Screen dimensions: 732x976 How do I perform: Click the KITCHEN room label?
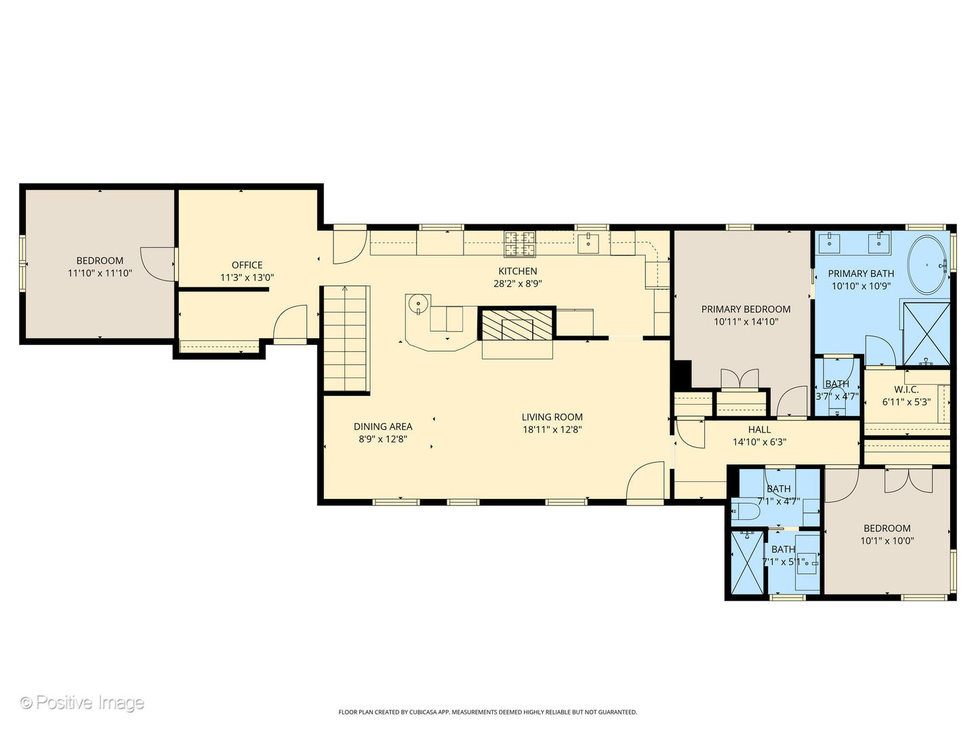518,271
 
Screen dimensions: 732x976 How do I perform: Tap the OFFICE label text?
247,265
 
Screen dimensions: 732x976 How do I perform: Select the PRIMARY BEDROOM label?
746,309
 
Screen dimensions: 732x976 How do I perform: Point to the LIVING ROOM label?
552,417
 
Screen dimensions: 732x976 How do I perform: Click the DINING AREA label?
383,426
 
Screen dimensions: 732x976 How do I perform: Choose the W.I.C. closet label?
906,389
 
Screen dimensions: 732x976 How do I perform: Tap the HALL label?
759,429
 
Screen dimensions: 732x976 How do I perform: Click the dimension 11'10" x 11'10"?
100,273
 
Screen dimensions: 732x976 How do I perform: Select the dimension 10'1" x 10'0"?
887,541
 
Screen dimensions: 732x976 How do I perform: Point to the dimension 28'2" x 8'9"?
518,284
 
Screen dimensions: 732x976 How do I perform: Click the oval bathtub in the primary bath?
927,264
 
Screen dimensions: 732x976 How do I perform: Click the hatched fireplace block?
517,325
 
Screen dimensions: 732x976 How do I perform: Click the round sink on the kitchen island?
419,304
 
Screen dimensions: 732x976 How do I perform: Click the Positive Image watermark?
82,703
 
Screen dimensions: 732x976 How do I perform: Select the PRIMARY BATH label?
861,273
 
